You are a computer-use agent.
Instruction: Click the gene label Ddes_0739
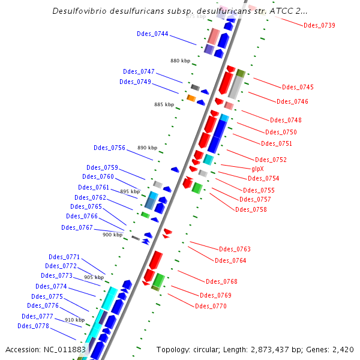[319, 25]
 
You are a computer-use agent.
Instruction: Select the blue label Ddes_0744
[152, 34]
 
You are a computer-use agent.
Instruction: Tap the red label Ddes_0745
[298, 88]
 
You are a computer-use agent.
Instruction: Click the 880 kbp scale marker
[180, 61]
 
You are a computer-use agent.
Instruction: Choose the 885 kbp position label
[164, 104]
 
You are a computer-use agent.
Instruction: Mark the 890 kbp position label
[147, 148]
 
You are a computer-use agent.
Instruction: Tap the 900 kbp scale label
[112, 235]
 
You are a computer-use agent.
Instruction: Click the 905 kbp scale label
[94, 277]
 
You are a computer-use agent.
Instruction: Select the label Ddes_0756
[109, 148]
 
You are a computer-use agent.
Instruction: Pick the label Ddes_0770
[211, 306]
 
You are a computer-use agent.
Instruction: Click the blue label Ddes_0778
[33, 326]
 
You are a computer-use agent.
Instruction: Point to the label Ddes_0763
[235, 249]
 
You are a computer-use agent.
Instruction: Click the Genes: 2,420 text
[332, 349]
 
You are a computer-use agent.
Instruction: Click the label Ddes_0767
[77, 227]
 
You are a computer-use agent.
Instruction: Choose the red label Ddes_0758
[251, 209]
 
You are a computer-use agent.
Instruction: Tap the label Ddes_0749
[135, 82]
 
